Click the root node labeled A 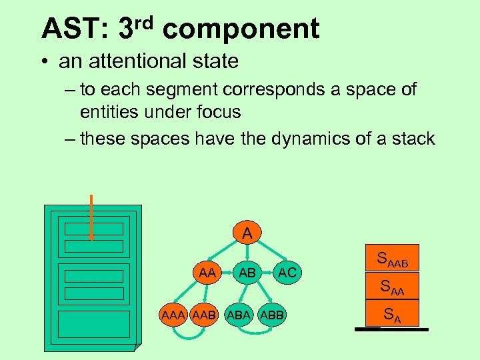point(247,233)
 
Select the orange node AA point(207,272)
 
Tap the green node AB point(247,273)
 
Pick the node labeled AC point(287,272)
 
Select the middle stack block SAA point(391,288)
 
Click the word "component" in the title point(241,29)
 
